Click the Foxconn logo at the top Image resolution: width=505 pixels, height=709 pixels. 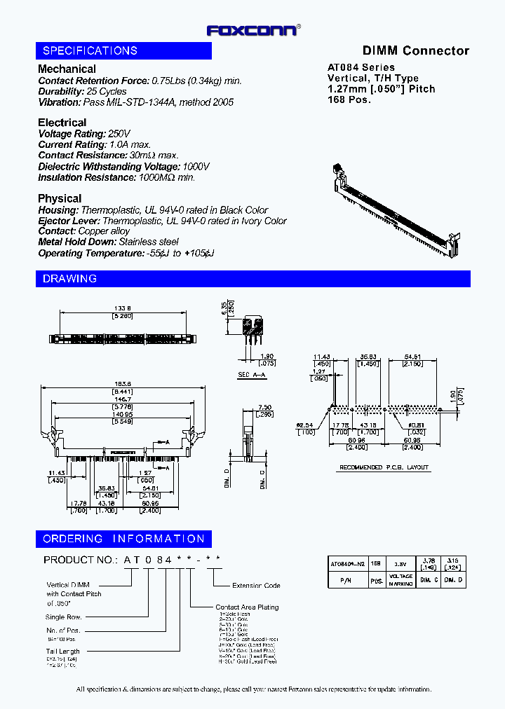point(253,30)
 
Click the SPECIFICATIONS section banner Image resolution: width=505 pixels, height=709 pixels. point(123,50)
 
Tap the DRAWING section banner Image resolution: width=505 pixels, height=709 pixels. point(252,279)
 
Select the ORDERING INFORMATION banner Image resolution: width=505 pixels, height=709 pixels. point(123,539)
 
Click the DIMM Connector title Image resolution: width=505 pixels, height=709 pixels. point(415,50)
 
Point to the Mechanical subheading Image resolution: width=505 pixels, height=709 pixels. point(67,69)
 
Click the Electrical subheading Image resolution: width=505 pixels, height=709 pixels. point(62,123)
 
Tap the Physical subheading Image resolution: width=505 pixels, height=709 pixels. point(60,198)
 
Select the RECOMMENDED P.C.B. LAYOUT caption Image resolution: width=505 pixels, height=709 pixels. point(384,467)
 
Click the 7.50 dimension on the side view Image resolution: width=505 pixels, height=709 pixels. point(264,407)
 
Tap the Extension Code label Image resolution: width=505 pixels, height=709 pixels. point(256,586)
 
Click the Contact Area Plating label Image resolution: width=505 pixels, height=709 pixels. point(247,607)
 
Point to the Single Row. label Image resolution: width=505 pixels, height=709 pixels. point(64,617)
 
